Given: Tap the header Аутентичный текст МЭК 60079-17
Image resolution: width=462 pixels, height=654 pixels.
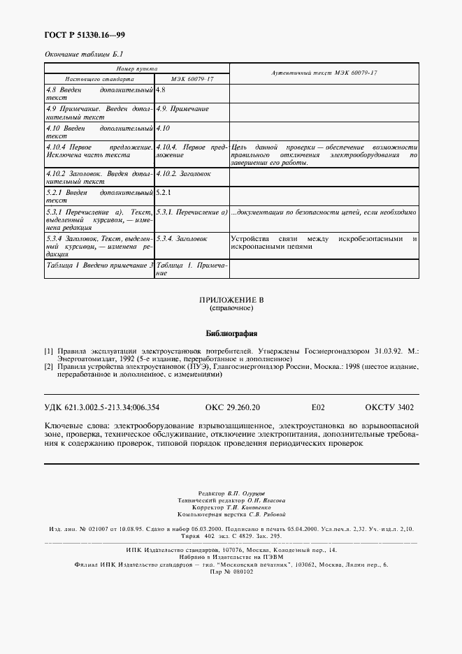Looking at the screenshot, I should point(324,73).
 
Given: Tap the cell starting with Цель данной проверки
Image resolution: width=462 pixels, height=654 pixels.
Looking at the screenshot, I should point(324,155).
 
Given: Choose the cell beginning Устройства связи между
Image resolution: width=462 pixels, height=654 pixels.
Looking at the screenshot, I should point(324,242).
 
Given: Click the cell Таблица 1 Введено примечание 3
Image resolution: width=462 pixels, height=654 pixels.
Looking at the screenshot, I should point(99,266).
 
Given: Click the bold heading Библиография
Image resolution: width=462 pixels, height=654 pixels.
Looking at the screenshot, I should point(231,333).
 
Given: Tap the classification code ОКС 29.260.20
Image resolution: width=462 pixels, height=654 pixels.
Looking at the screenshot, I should point(233,406).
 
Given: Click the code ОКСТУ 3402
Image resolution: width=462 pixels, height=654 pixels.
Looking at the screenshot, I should point(389,406).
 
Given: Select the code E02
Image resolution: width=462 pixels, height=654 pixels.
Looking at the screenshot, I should point(318,406).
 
